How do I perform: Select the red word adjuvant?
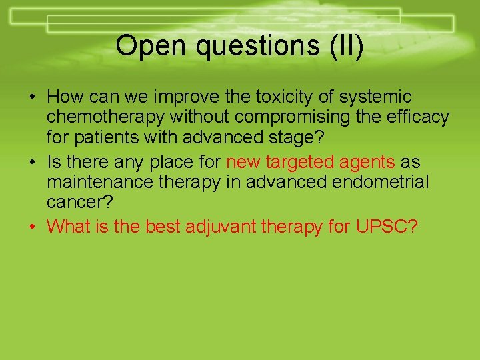[x=216, y=227]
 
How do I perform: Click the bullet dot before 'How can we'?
[x=33, y=98]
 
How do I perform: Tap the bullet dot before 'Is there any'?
[x=33, y=163]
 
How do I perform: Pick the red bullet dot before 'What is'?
[x=33, y=227]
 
